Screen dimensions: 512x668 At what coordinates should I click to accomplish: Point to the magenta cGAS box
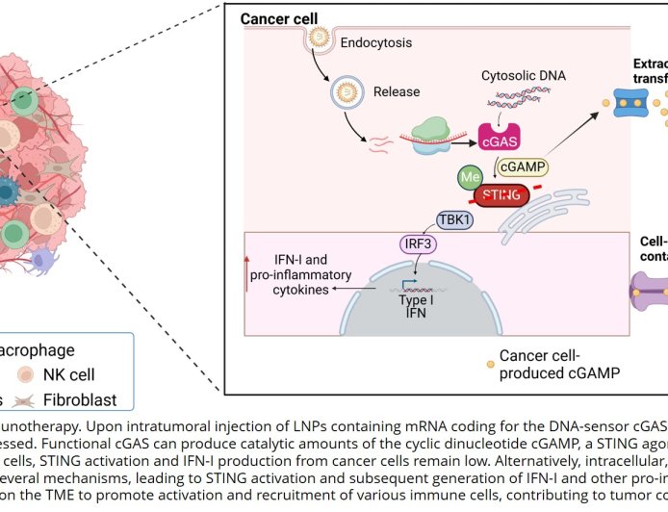click(498, 141)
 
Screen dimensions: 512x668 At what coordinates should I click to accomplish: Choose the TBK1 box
click(456, 219)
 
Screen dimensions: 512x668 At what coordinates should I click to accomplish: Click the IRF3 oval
click(412, 243)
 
